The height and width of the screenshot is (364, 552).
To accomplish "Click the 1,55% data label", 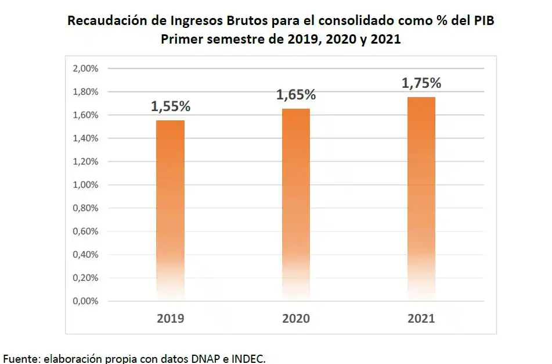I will [x=171, y=106].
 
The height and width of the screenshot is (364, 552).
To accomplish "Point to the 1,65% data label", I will [x=296, y=95].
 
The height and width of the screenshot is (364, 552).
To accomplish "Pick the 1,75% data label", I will [x=421, y=83].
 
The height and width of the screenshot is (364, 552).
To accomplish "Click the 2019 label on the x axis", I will [x=170, y=319].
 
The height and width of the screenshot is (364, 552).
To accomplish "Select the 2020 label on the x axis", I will [x=296, y=319].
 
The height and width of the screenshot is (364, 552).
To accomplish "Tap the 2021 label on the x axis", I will [x=421, y=319].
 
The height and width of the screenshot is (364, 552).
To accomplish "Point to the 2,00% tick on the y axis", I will [x=86, y=69].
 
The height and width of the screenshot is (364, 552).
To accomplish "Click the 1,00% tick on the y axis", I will [x=86, y=185].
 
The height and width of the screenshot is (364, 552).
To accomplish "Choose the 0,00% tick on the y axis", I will [x=86, y=301].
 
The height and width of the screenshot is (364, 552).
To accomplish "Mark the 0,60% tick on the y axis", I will [x=86, y=231].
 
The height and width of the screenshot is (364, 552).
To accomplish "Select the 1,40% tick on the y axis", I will [x=86, y=138].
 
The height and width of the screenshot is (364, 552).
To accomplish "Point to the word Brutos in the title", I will [x=244, y=21].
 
